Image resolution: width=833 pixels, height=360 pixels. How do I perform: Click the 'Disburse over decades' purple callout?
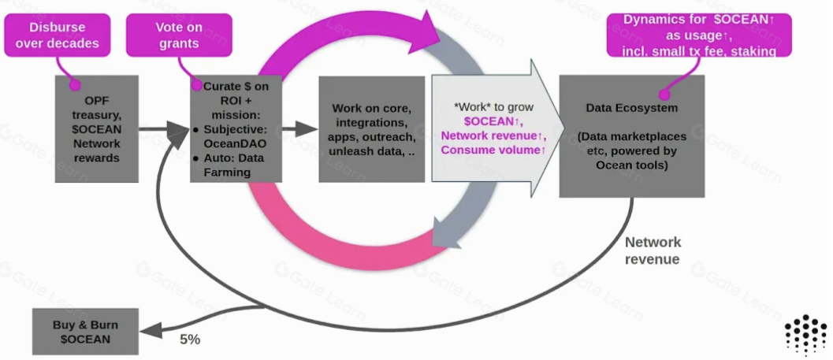click(57, 35)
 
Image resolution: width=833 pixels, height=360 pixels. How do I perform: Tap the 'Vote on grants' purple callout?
click(178, 35)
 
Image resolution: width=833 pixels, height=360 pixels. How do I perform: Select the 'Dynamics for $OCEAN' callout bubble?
click(699, 35)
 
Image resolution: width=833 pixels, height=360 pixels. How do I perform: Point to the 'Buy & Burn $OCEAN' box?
click(85, 332)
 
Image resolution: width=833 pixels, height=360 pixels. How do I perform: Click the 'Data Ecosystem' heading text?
click(631, 107)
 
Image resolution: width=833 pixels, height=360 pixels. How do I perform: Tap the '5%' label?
click(190, 340)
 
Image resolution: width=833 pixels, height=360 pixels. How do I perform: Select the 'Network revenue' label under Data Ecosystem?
click(653, 251)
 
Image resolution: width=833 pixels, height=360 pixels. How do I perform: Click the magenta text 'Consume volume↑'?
click(493, 150)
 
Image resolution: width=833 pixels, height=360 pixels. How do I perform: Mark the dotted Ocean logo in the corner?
click(805, 335)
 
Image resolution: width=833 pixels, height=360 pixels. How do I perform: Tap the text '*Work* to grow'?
click(493, 107)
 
